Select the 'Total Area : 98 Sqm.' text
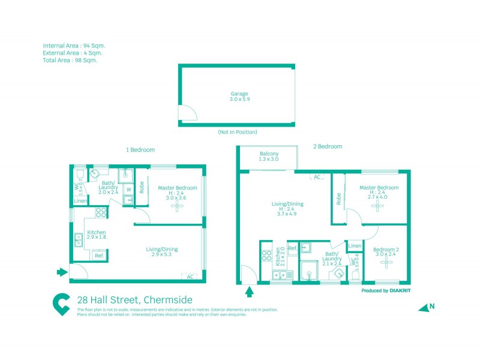70,60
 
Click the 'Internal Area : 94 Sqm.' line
74,46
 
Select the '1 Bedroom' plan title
140,149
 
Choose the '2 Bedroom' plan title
328,146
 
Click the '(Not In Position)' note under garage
238,132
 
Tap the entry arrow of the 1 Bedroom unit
62,272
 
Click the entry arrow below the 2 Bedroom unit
250,292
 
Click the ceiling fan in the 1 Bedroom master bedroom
178,207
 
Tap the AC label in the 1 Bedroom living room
190,277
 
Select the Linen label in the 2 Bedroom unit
355,246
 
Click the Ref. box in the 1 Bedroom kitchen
99,256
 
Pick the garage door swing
186,114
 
